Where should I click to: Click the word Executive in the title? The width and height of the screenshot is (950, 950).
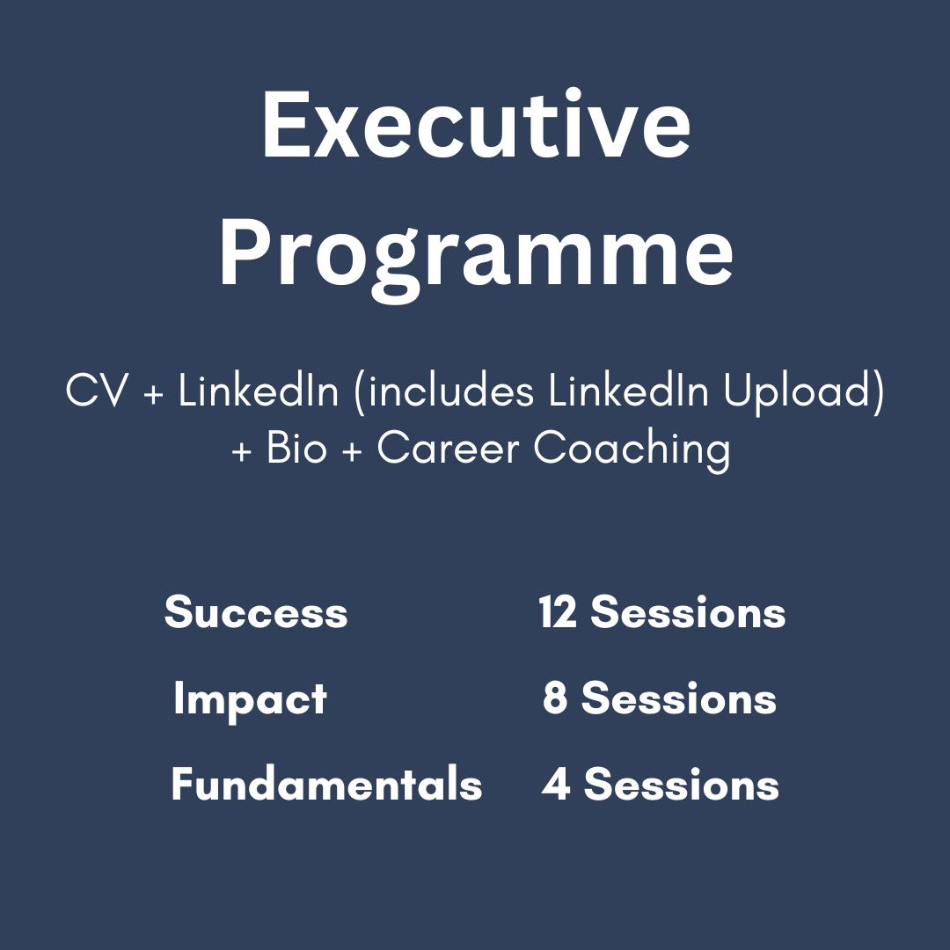pos(476,126)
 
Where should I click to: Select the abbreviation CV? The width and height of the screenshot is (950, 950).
pos(97,391)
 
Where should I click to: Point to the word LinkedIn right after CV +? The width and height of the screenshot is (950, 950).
pos(258,391)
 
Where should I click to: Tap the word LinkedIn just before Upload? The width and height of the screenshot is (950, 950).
pos(628,391)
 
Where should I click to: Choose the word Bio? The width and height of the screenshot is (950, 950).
pos(296,449)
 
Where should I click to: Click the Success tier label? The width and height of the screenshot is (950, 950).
pos(256,611)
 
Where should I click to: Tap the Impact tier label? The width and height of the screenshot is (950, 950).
pos(250,701)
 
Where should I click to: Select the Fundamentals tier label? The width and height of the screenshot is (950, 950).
pos(326,784)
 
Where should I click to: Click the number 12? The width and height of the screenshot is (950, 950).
pos(558,611)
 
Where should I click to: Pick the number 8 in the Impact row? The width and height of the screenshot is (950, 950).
pos(555,698)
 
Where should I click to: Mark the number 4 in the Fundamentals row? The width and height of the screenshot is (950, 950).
pos(556,784)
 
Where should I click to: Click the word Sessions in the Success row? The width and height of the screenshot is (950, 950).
pos(688,611)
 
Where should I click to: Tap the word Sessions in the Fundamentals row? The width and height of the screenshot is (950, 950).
pos(682,784)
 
